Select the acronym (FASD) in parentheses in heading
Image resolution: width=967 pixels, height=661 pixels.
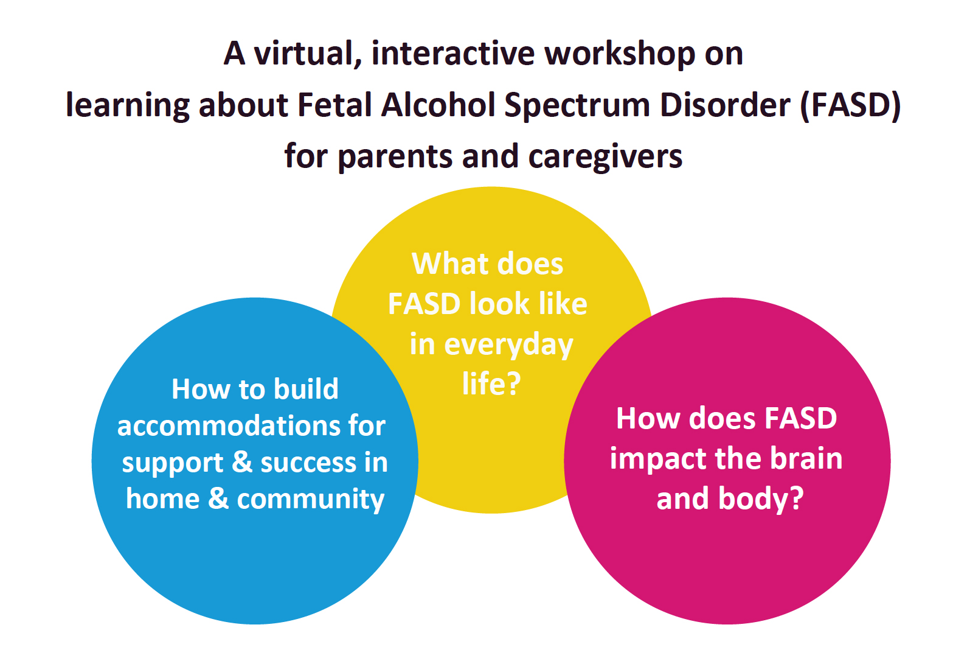(851, 105)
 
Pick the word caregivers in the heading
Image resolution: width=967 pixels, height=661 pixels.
(605, 157)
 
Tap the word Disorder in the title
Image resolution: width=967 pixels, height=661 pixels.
(725, 105)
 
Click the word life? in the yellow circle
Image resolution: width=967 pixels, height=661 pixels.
(491, 384)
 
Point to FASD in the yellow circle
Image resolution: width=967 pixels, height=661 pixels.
(425, 304)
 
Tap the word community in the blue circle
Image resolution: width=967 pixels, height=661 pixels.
(310, 500)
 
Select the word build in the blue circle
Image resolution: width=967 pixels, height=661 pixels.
(306, 389)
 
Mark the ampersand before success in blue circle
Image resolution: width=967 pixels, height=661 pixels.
(242, 462)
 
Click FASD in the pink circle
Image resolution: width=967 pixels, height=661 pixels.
(800, 419)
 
